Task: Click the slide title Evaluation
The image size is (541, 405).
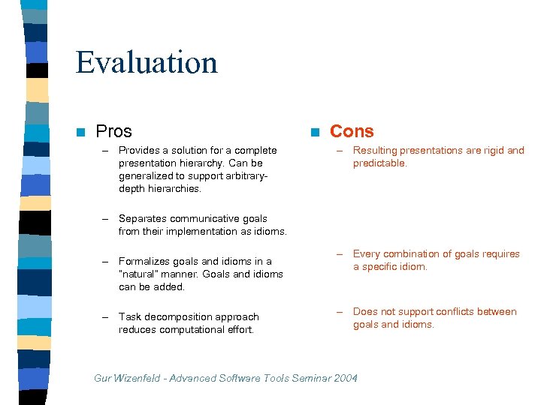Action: (x=147, y=62)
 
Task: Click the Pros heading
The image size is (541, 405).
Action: (x=113, y=131)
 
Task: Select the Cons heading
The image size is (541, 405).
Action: (x=352, y=131)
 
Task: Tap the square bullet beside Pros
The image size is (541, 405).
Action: (x=80, y=133)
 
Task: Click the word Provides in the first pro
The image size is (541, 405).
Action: (x=140, y=151)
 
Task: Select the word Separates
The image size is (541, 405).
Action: (x=143, y=219)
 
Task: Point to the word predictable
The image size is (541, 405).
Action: (x=379, y=163)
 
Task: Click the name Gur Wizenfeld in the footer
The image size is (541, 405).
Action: (x=124, y=379)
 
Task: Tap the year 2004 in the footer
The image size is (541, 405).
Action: (x=345, y=379)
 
